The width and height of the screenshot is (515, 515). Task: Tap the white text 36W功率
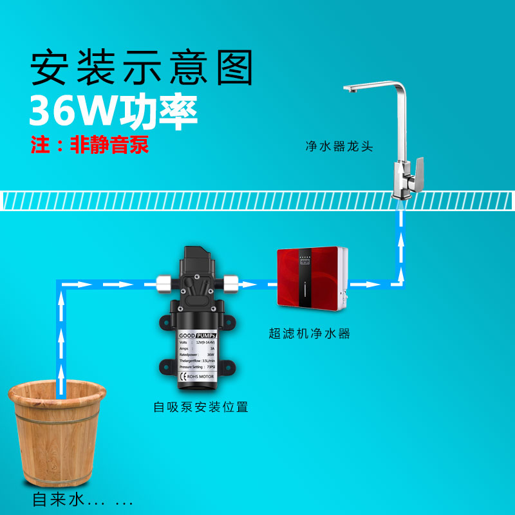(113, 111)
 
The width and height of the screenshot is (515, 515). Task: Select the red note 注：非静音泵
(90, 144)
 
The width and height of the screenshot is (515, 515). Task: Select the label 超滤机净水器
(309, 333)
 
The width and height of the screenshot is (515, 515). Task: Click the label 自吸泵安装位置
(200, 407)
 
